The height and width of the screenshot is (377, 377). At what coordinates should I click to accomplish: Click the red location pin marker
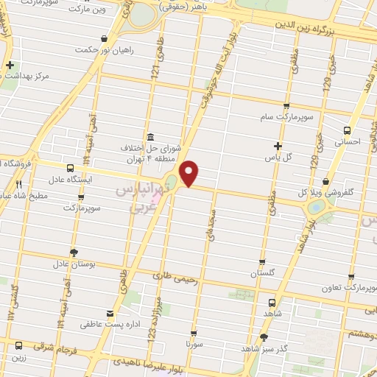(x=190, y=172)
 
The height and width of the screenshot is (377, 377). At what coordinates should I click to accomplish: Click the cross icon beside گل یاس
(x=278, y=146)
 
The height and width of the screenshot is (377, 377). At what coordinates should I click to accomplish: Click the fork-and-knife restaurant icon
(x=19, y=186)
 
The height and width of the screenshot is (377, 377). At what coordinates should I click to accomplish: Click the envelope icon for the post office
(x=110, y=313)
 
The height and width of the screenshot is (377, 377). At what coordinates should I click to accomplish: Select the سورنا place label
(x=194, y=344)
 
